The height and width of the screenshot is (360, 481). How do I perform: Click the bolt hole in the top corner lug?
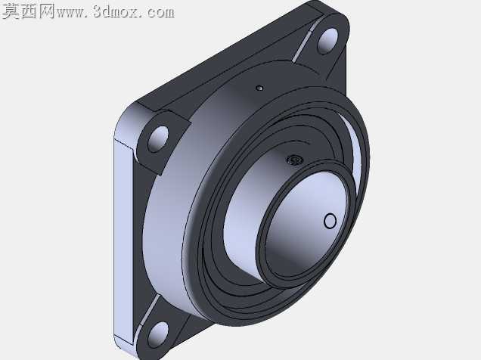(x=327, y=40)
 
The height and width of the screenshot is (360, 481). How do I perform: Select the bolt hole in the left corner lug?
(x=158, y=139)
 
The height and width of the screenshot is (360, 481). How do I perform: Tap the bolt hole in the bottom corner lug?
(x=158, y=334)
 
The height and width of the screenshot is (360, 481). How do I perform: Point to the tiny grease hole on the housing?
(x=259, y=88)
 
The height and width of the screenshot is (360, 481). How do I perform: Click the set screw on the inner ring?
(x=295, y=160)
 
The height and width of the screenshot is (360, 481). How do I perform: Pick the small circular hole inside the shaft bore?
(x=330, y=221)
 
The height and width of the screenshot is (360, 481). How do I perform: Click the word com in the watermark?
(x=160, y=13)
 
